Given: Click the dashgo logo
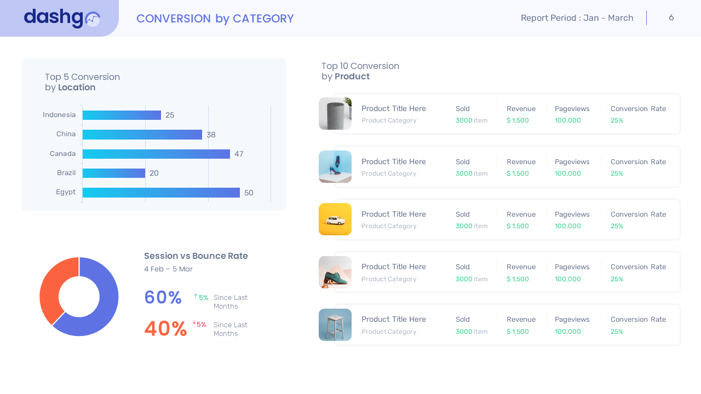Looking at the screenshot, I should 61,18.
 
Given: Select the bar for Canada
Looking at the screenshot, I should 156,154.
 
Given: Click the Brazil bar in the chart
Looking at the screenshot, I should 114,173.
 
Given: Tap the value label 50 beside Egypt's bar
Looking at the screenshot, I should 249,193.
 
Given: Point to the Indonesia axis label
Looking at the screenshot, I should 59,115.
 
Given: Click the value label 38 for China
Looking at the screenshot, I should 211,135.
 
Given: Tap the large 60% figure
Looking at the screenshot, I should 163,298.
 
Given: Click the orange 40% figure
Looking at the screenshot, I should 165,329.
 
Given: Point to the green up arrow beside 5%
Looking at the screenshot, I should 196,296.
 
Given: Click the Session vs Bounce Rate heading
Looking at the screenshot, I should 196,256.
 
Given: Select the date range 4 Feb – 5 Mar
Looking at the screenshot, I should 168,269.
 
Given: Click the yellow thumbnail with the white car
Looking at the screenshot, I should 335,219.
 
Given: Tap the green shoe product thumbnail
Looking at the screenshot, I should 335,272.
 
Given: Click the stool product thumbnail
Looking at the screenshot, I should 335,325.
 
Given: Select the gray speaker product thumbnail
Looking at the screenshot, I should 335,114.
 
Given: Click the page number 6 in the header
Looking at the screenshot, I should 671,18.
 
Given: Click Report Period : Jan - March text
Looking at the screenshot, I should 577,18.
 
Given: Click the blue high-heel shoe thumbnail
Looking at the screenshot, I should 335,166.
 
